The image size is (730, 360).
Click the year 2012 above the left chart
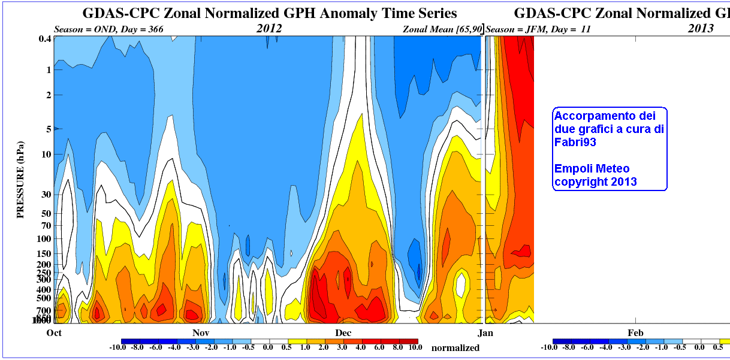pyautogui.click(x=269, y=28)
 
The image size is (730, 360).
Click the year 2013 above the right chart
pyautogui.click(x=700, y=28)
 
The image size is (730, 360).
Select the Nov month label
pyautogui.click(x=200, y=332)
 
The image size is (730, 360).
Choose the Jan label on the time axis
pyautogui.click(x=484, y=332)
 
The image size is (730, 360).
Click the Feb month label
pyautogui.click(x=635, y=332)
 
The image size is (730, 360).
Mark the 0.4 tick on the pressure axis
pyautogui.click(x=44, y=39)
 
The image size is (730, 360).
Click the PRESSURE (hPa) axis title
pyautogui.click(x=21, y=180)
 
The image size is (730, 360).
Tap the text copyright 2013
pyautogui.click(x=595, y=181)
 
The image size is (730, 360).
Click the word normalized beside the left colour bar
pyautogui.click(x=456, y=347)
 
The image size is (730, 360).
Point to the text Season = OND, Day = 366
pyautogui.click(x=108, y=28)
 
